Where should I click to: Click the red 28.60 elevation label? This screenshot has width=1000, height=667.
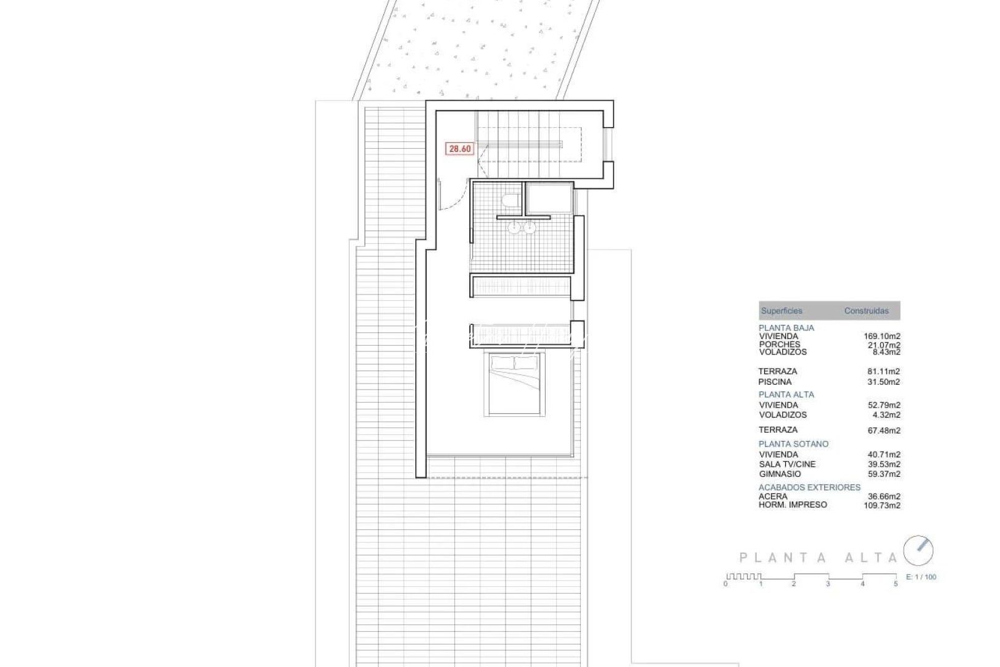pos(460,149)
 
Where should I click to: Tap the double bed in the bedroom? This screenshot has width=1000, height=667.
pos(514,385)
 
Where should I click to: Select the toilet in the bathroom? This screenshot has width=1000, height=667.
pos(510,199)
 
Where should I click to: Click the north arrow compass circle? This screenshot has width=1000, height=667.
pos(918,550)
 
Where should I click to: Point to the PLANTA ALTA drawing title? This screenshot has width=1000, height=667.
pos(818,558)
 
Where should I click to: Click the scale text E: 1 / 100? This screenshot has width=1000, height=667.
pos(921,577)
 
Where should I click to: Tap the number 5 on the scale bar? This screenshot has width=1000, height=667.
pos(896,584)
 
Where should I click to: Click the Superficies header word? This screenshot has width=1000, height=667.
pos(781,311)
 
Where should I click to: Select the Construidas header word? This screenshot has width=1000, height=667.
pos(866,311)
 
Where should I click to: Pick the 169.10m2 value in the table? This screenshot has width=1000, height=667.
pos(881,337)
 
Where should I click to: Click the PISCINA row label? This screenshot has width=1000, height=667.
pos(775,382)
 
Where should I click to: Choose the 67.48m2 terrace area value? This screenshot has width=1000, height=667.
pos(883,430)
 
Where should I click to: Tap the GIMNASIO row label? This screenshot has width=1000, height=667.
pos(780,474)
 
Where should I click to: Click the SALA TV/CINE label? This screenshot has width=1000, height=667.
pos(787,464)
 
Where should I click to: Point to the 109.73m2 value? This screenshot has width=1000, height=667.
pos(881,505)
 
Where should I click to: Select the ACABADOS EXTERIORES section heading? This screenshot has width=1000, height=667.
pos(809,487)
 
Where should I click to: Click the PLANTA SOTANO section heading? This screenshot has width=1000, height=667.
pos(793,444)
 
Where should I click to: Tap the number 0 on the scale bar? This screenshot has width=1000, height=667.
pos(726,584)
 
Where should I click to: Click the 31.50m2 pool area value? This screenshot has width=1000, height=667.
pos(883,382)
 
